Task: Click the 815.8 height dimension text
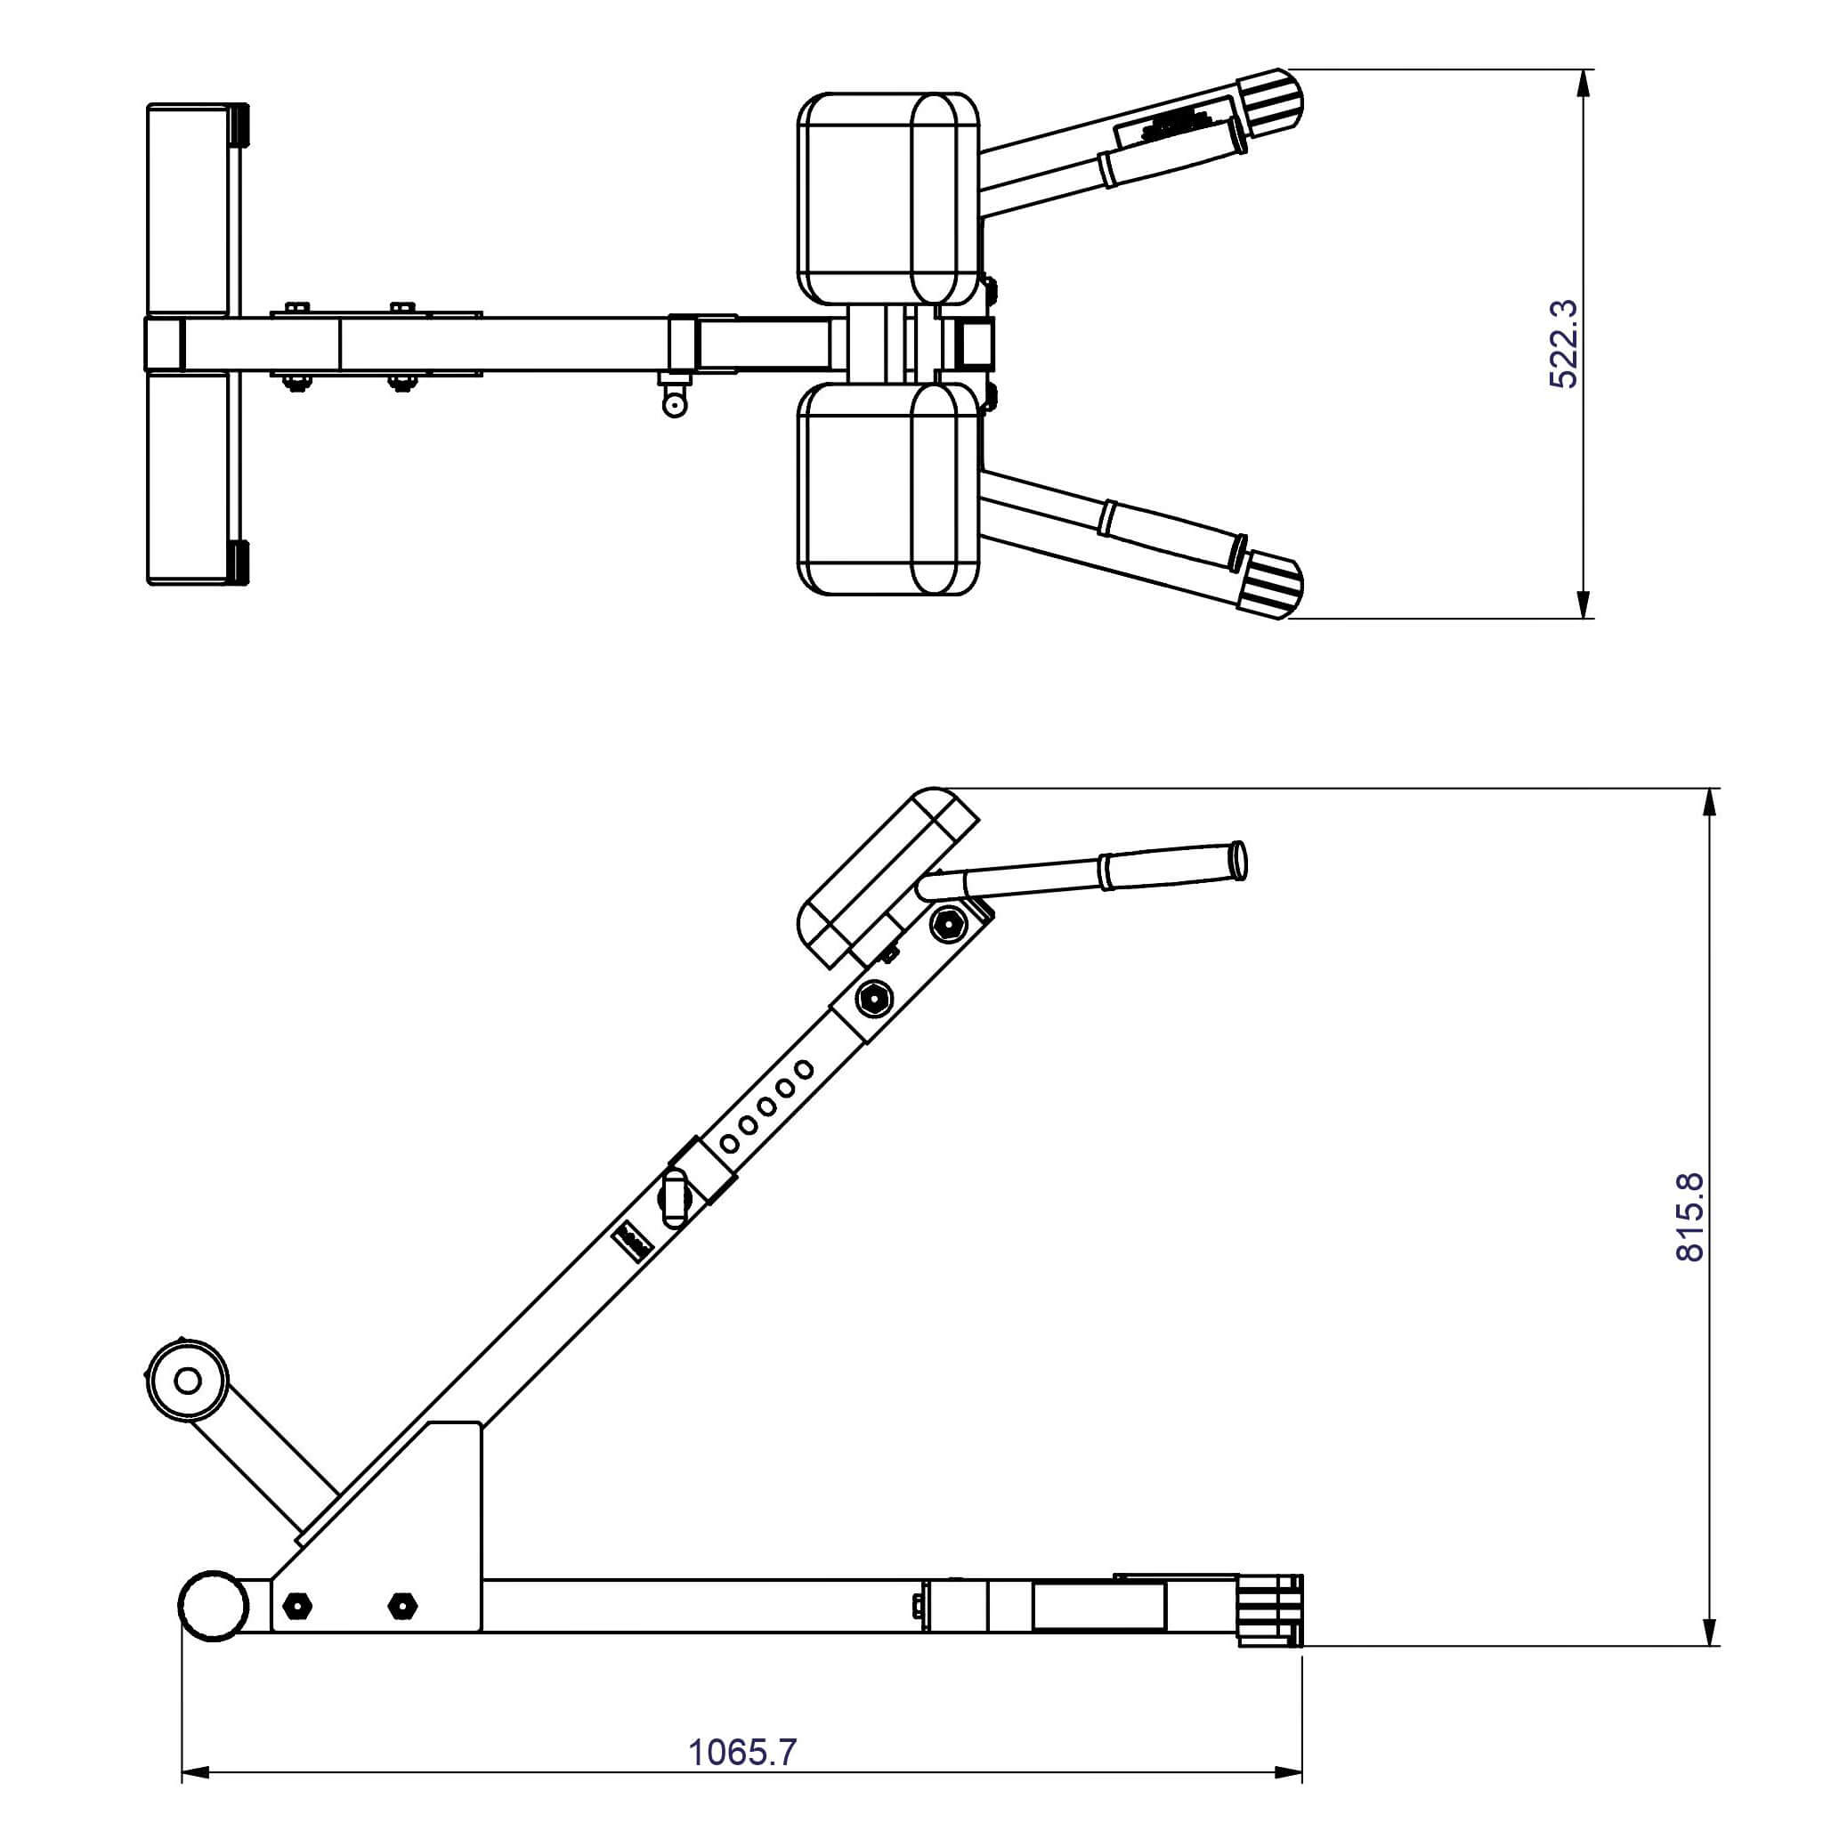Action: point(1690,1217)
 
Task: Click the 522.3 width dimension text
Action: point(1562,344)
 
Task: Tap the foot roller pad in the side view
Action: point(188,1381)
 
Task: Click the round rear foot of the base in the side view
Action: point(214,1605)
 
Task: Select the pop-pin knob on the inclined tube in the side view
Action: point(675,1197)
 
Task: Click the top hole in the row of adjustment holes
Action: point(803,1070)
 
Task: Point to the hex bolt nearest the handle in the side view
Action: point(948,924)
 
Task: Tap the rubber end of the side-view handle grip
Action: point(1240,861)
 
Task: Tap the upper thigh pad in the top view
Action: point(887,199)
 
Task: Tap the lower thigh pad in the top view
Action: point(887,489)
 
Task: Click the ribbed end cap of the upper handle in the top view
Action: point(1274,100)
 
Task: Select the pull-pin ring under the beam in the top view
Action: point(675,405)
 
